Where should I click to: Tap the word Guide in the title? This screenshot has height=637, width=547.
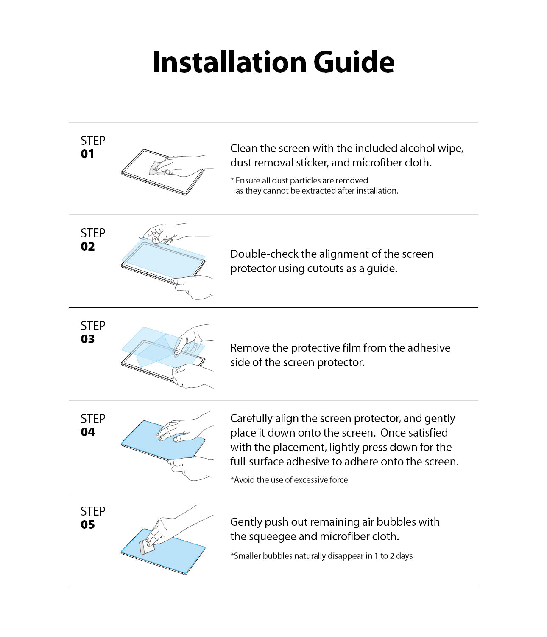click(354, 62)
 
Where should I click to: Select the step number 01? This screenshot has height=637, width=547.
click(87, 154)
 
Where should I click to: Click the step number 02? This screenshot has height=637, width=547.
click(87, 247)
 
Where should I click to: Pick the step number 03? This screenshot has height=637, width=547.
click(87, 339)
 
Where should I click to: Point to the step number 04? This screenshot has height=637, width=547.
click(87, 432)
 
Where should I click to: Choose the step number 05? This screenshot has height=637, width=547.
click(87, 525)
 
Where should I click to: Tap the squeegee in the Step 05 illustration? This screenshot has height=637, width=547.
click(146, 548)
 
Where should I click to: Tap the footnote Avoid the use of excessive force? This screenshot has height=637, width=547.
click(289, 480)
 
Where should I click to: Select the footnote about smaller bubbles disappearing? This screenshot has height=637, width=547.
click(321, 556)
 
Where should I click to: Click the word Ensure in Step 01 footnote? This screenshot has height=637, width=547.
click(248, 180)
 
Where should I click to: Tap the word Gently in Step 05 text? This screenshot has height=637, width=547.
click(246, 522)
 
